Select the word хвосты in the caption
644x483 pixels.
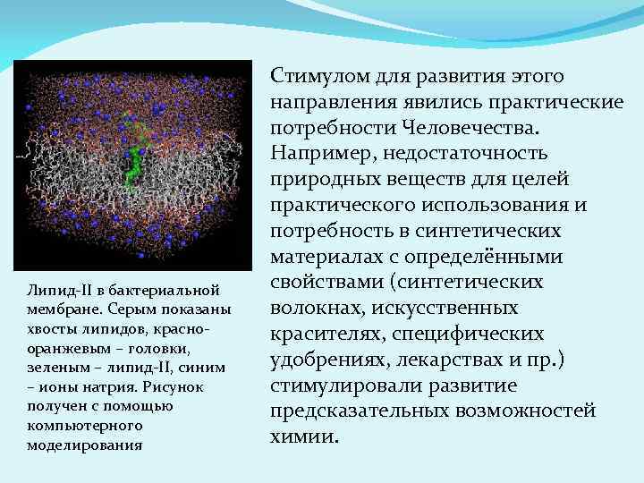coord(54,329)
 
